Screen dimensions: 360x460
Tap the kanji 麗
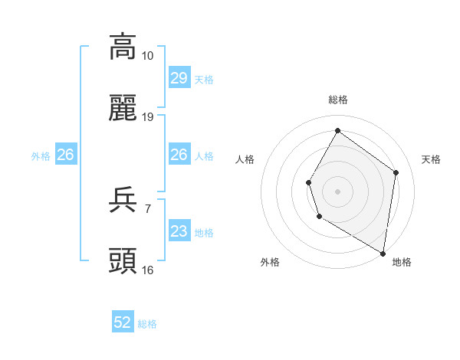123,109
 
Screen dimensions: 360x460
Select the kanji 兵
123,201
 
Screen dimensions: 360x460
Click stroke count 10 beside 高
148,55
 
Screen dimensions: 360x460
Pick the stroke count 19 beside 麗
148,117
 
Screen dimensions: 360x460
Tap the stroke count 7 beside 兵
148,208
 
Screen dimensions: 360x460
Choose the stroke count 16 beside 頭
148,270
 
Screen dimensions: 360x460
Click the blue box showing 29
179,78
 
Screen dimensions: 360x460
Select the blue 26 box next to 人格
179,155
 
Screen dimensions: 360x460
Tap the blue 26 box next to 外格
65,155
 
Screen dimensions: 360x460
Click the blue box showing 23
179,231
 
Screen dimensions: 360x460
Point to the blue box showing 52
123,322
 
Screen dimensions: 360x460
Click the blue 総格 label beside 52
147,324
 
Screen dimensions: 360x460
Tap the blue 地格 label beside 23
204,233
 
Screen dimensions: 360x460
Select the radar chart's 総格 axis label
338,100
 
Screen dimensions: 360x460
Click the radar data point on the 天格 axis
396,172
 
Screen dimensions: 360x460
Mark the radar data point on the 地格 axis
383,253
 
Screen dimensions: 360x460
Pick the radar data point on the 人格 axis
308,182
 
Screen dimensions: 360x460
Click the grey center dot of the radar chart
337,191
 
